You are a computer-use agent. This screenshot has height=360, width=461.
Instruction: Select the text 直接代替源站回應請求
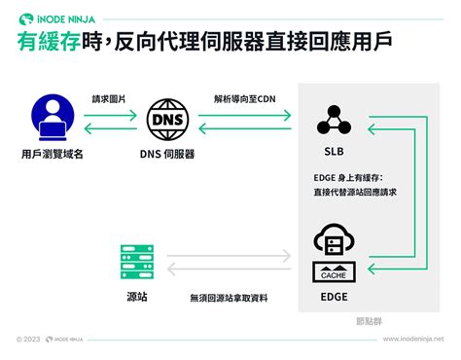point(356,192)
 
